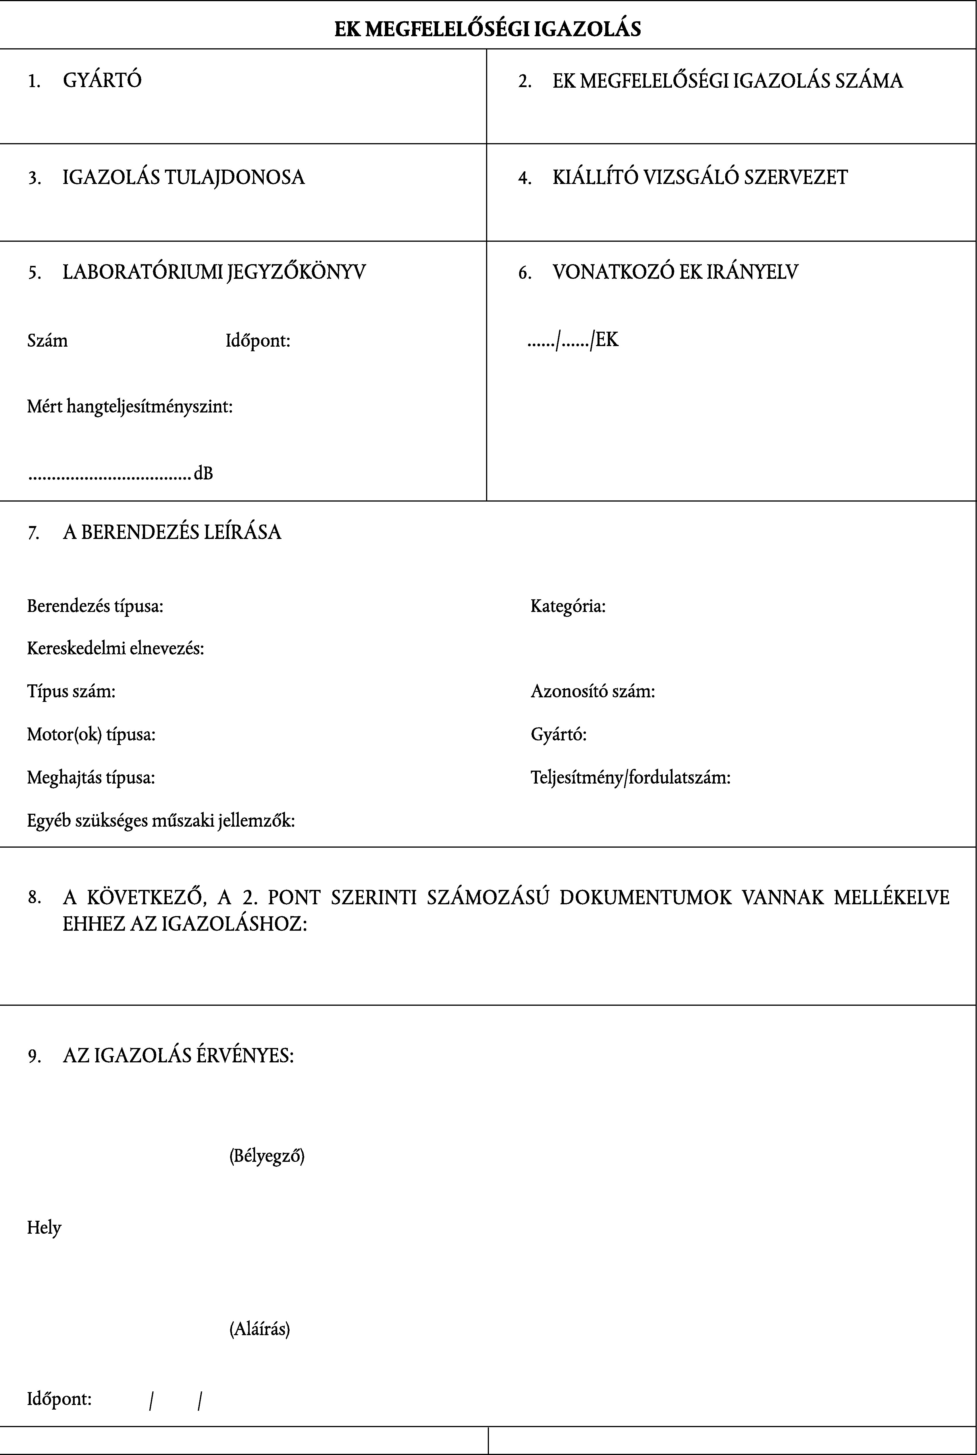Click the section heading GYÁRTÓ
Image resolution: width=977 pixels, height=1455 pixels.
102,80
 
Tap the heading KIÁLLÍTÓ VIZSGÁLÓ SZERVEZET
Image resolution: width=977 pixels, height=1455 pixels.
700,178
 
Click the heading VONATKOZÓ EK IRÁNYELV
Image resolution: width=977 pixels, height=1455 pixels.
675,272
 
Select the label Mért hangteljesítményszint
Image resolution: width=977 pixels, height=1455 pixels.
130,407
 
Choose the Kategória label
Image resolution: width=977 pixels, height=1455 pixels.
568,606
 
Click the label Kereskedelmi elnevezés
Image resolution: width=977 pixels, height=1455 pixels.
115,649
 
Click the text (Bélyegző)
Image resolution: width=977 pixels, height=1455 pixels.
267,1156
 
